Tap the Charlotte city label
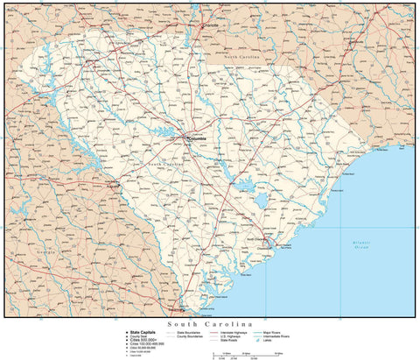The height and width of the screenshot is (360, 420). pos(211,25)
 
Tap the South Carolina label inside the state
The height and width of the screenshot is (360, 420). pos(166,164)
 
